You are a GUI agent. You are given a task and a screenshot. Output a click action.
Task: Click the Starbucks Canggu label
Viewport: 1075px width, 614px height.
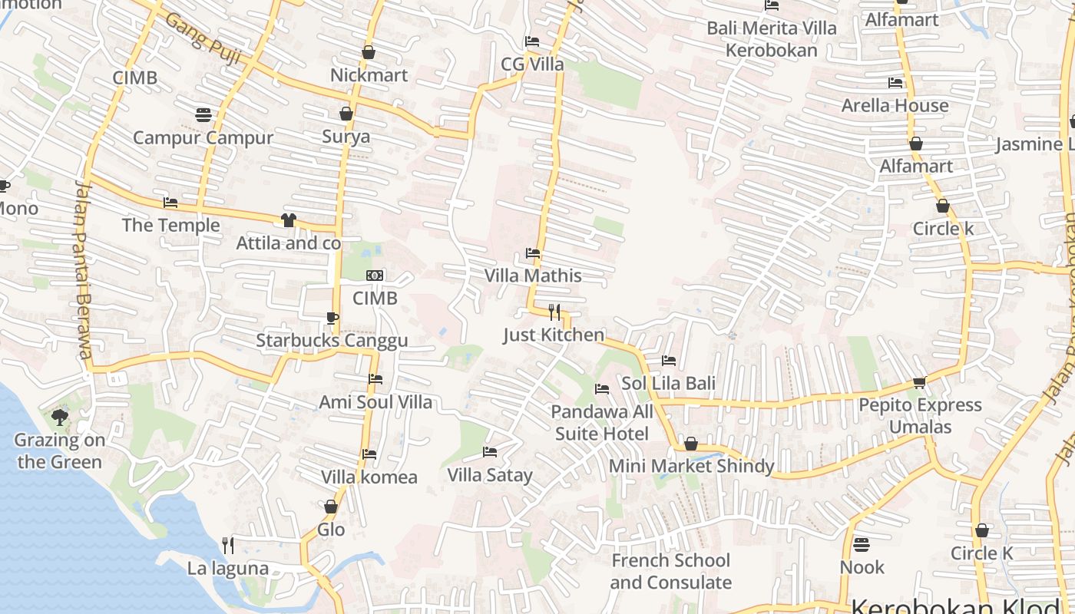[332, 341]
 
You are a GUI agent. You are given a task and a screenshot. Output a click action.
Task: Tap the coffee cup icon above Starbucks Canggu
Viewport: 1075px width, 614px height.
[332, 318]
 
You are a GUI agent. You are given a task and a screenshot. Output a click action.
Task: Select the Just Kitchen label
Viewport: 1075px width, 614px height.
[554, 335]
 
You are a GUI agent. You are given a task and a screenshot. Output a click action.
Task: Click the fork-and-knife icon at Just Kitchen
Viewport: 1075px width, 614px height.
[554, 312]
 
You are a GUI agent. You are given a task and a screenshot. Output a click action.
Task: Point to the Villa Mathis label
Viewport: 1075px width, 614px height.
[533, 276]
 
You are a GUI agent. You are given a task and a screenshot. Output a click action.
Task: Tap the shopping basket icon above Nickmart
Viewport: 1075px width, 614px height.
[369, 52]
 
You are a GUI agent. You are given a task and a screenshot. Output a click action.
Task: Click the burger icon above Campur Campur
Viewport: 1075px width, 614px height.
[203, 115]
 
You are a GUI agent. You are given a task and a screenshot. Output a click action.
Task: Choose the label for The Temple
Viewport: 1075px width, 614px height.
[170, 225]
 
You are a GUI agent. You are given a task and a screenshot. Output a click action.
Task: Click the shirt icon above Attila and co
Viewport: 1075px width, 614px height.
[288, 220]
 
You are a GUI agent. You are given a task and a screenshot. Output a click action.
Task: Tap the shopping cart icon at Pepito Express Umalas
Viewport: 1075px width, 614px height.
[919, 382]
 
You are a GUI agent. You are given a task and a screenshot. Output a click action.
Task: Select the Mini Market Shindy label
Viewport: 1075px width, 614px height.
[691, 466]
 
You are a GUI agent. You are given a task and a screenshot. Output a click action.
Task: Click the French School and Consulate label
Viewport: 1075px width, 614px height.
[671, 571]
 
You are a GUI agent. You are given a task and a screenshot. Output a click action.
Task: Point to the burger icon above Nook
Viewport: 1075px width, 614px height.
[862, 544]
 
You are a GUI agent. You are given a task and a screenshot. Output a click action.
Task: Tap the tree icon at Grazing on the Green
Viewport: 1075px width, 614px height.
[60, 418]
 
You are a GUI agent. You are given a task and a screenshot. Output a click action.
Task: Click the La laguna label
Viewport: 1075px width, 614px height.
[228, 568]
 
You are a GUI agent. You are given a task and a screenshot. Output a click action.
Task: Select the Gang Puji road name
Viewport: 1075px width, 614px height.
[203, 38]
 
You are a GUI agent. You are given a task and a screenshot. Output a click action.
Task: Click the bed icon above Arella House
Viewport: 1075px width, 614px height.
[895, 83]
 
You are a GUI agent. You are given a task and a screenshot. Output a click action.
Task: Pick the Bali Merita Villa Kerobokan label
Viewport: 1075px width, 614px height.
[772, 39]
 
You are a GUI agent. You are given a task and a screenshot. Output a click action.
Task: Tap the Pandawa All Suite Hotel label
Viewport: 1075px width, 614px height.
[602, 423]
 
